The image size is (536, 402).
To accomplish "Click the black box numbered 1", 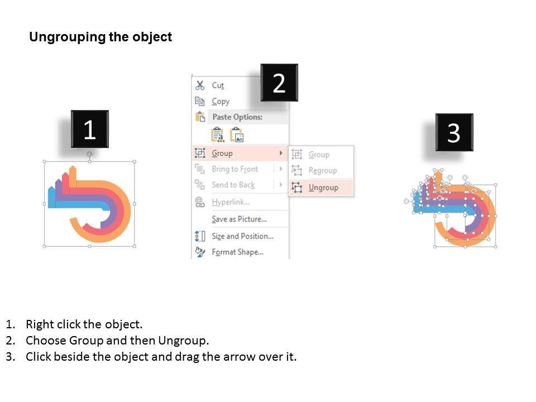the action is click(x=90, y=129).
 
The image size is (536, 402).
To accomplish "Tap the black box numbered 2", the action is click(x=279, y=83).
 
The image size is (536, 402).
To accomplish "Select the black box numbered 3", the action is click(x=454, y=132).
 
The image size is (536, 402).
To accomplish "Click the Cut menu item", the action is click(x=218, y=85).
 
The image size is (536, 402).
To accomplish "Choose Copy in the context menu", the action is click(x=221, y=101).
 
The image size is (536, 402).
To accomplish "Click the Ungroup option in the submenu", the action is click(x=323, y=188).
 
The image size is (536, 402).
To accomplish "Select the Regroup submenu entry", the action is click(x=323, y=170).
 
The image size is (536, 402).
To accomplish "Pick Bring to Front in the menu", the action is click(x=235, y=169).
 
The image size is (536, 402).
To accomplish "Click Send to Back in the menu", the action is click(x=233, y=185).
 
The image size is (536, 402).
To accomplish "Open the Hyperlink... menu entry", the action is click(x=231, y=202).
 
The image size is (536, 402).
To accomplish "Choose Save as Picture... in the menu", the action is click(x=240, y=219).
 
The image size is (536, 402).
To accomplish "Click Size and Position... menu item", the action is click(x=243, y=236).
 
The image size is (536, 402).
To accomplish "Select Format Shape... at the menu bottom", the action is click(x=238, y=252).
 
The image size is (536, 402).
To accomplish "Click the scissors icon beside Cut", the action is click(x=200, y=85).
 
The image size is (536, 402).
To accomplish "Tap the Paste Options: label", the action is click(x=238, y=117).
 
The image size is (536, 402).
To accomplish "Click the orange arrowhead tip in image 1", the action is click(x=73, y=166).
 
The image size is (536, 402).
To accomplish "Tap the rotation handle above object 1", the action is click(x=89, y=154).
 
